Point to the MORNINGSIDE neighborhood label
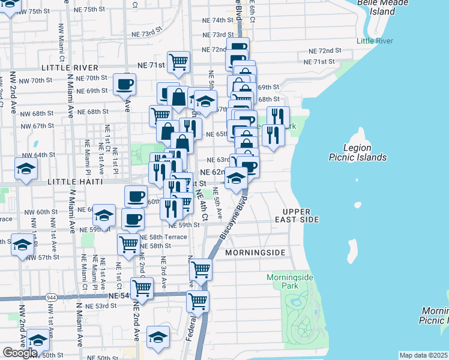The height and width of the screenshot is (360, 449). click(255, 253)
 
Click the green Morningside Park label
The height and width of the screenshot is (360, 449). click(286, 282)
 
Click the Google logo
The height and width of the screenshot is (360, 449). click(20, 353)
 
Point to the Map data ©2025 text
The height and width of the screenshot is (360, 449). click(424, 355)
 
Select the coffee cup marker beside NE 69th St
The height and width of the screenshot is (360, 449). click(125, 84)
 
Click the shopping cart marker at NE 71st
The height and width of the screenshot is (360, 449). click(179, 61)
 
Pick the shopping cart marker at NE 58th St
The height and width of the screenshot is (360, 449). click(129, 244)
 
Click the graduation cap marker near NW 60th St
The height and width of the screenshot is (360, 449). click(104, 216)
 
